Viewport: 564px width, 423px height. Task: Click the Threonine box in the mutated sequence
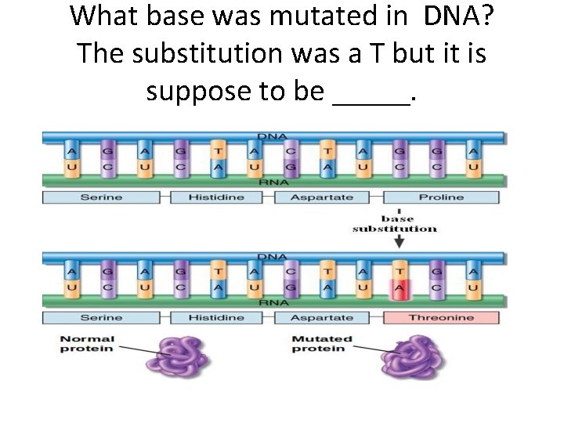(441, 317)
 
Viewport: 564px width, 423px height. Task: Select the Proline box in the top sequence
(441, 197)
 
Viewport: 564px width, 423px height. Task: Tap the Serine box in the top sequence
(101, 197)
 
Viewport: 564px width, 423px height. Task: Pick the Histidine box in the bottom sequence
(215, 317)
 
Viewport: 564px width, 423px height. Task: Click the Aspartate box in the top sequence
(322, 197)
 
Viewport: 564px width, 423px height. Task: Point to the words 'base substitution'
(395, 223)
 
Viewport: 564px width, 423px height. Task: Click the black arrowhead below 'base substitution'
(399, 244)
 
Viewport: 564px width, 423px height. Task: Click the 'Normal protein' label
(87, 344)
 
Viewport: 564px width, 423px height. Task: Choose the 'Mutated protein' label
(322, 344)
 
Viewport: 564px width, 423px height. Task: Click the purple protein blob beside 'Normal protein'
(182, 358)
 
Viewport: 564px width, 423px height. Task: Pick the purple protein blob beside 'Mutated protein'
(411, 358)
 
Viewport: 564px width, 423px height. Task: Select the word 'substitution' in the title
(216, 53)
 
